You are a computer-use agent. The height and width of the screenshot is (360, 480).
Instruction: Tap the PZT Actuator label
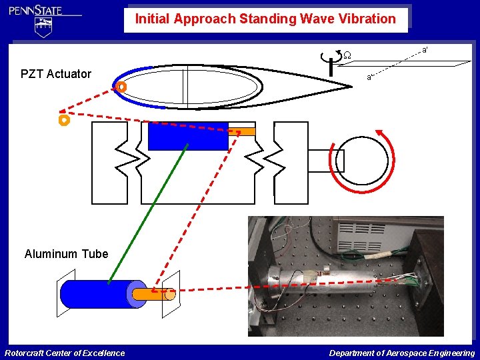pos(56,74)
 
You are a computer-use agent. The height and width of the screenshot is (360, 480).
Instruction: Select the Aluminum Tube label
pos(66,254)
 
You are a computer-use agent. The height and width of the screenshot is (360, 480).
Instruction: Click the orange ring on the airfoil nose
pos(121,87)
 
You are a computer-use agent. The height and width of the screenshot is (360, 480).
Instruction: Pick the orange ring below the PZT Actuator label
pos(64,121)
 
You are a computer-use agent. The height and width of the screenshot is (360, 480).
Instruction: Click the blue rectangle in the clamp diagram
pos(187,136)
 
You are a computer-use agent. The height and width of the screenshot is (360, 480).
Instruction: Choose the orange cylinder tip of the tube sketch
pos(153,293)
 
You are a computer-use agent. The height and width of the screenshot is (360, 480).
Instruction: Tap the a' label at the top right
pos(425,49)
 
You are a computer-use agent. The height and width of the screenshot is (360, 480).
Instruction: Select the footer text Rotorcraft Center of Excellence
pos(65,353)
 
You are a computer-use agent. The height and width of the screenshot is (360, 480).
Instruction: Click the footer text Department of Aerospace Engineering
pos(402,353)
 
